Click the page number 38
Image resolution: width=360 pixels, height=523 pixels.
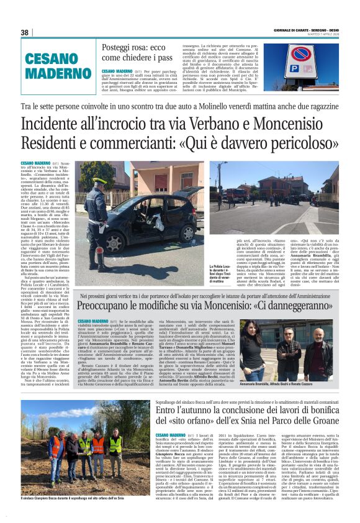pos(25,32)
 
